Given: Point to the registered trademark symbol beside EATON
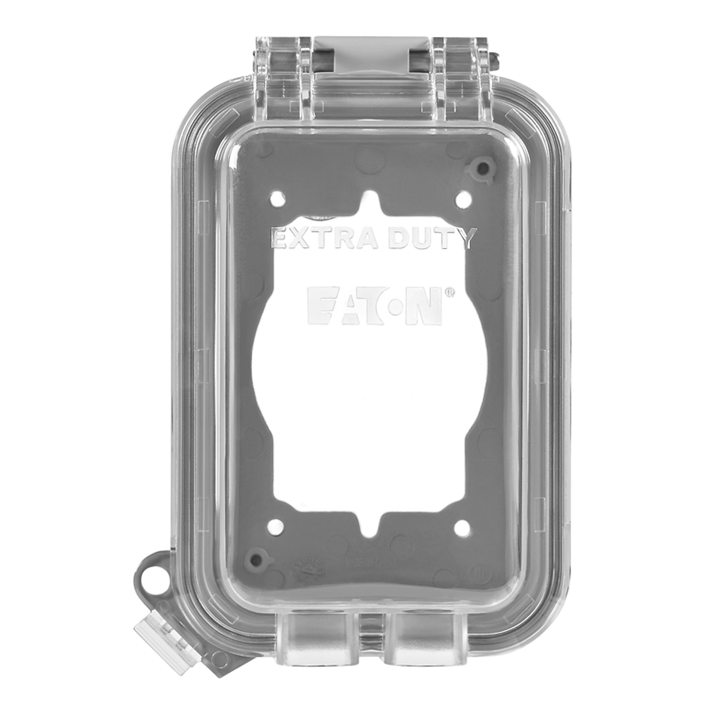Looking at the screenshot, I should click(x=450, y=292).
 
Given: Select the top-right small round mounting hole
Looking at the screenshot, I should click(x=464, y=200).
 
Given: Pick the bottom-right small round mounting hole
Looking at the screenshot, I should click(x=462, y=527).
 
